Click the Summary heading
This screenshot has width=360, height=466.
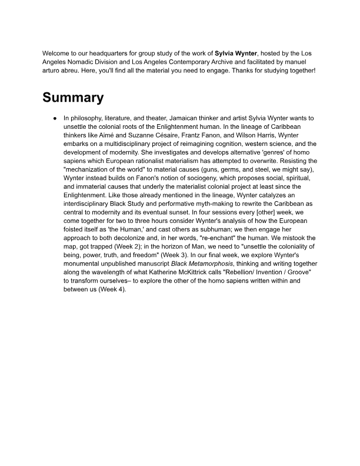(73, 98)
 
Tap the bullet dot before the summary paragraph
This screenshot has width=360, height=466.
(54, 118)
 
